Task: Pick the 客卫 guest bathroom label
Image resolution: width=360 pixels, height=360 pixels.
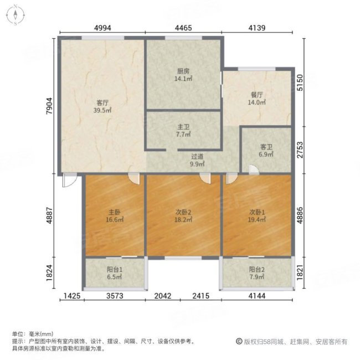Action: (267, 148)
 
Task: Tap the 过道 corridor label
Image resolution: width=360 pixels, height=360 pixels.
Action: (197, 157)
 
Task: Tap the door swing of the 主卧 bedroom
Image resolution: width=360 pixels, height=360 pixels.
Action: (133, 178)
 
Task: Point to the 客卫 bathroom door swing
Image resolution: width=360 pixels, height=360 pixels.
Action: (252, 172)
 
